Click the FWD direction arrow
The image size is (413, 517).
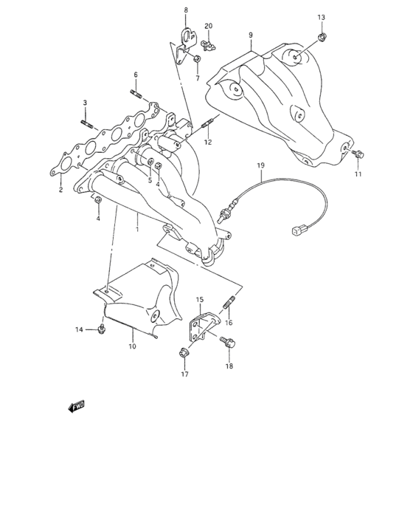point(77,405)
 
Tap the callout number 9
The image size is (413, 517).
point(250,35)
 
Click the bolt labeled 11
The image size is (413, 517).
point(357,154)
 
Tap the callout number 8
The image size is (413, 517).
point(186,10)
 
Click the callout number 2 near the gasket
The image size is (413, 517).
point(61,190)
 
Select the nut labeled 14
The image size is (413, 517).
point(102,329)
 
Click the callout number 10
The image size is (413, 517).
point(132,346)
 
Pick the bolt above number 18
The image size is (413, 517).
point(228,342)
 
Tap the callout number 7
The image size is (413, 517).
point(198,78)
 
